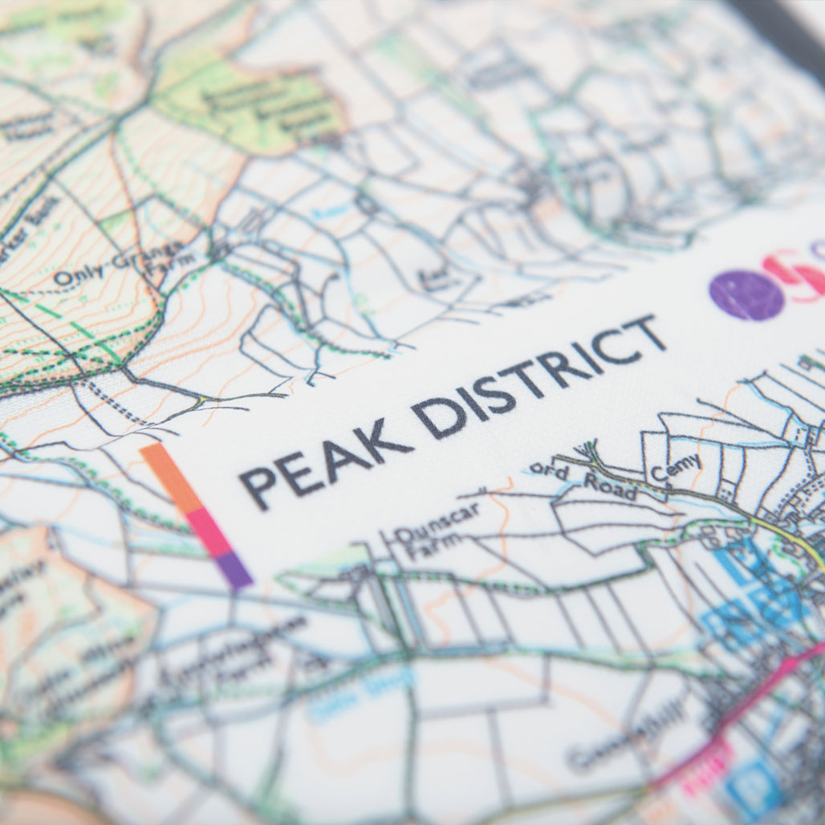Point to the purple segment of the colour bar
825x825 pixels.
pos(234,569)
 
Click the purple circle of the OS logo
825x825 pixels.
pos(746,295)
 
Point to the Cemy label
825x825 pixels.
pos(676,468)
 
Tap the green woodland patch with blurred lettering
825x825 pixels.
pos(249,104)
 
